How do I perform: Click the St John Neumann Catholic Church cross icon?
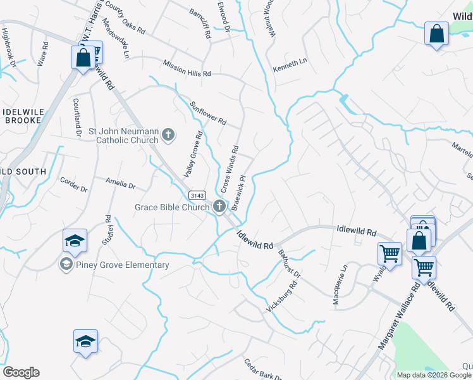tap(168, 134)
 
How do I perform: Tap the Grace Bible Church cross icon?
tap(219, 206)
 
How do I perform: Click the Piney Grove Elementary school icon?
tap(65, 264)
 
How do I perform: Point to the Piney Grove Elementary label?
tap(123, 265)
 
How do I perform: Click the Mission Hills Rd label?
tap(187, 69)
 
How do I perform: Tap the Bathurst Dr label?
tap(289, 263)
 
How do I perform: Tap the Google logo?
tap(21, 372)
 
